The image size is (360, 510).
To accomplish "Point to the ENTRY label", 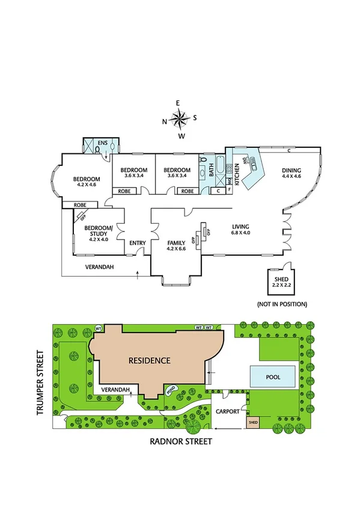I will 138,243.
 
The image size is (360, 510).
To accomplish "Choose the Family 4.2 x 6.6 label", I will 177,246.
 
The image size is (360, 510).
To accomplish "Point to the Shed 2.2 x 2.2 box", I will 281,283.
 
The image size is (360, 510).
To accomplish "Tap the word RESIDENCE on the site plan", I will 150,361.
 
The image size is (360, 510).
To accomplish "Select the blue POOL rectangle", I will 273,376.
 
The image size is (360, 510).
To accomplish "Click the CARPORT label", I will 228,411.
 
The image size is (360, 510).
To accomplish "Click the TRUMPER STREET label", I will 41,383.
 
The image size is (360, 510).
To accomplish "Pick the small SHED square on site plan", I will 253,423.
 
